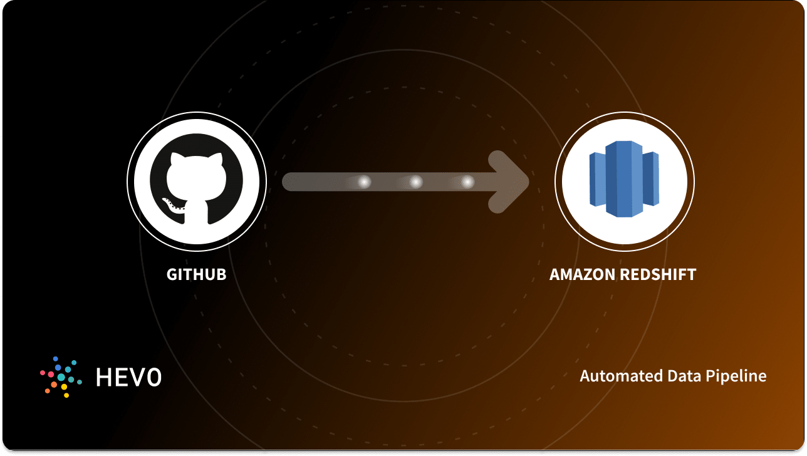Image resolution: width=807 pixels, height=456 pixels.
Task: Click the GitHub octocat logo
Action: click(196, 182)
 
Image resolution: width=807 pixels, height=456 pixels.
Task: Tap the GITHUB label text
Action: click(196, 274)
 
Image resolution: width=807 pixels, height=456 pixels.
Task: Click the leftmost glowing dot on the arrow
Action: click(364, 182)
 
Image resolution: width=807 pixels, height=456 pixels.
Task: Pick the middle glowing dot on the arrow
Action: click(415, 182)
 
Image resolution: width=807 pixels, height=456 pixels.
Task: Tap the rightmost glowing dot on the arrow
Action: click(467, 182)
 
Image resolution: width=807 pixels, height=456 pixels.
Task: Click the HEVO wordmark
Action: click(128, 376)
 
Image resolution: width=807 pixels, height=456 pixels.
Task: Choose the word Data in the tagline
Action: click(667, 376)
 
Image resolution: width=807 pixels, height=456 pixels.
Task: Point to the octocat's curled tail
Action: click(170, 204)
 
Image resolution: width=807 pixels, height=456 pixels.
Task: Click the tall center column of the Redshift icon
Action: click(624, 179)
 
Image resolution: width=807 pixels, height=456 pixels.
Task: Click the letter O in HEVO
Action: click(153, 376)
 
